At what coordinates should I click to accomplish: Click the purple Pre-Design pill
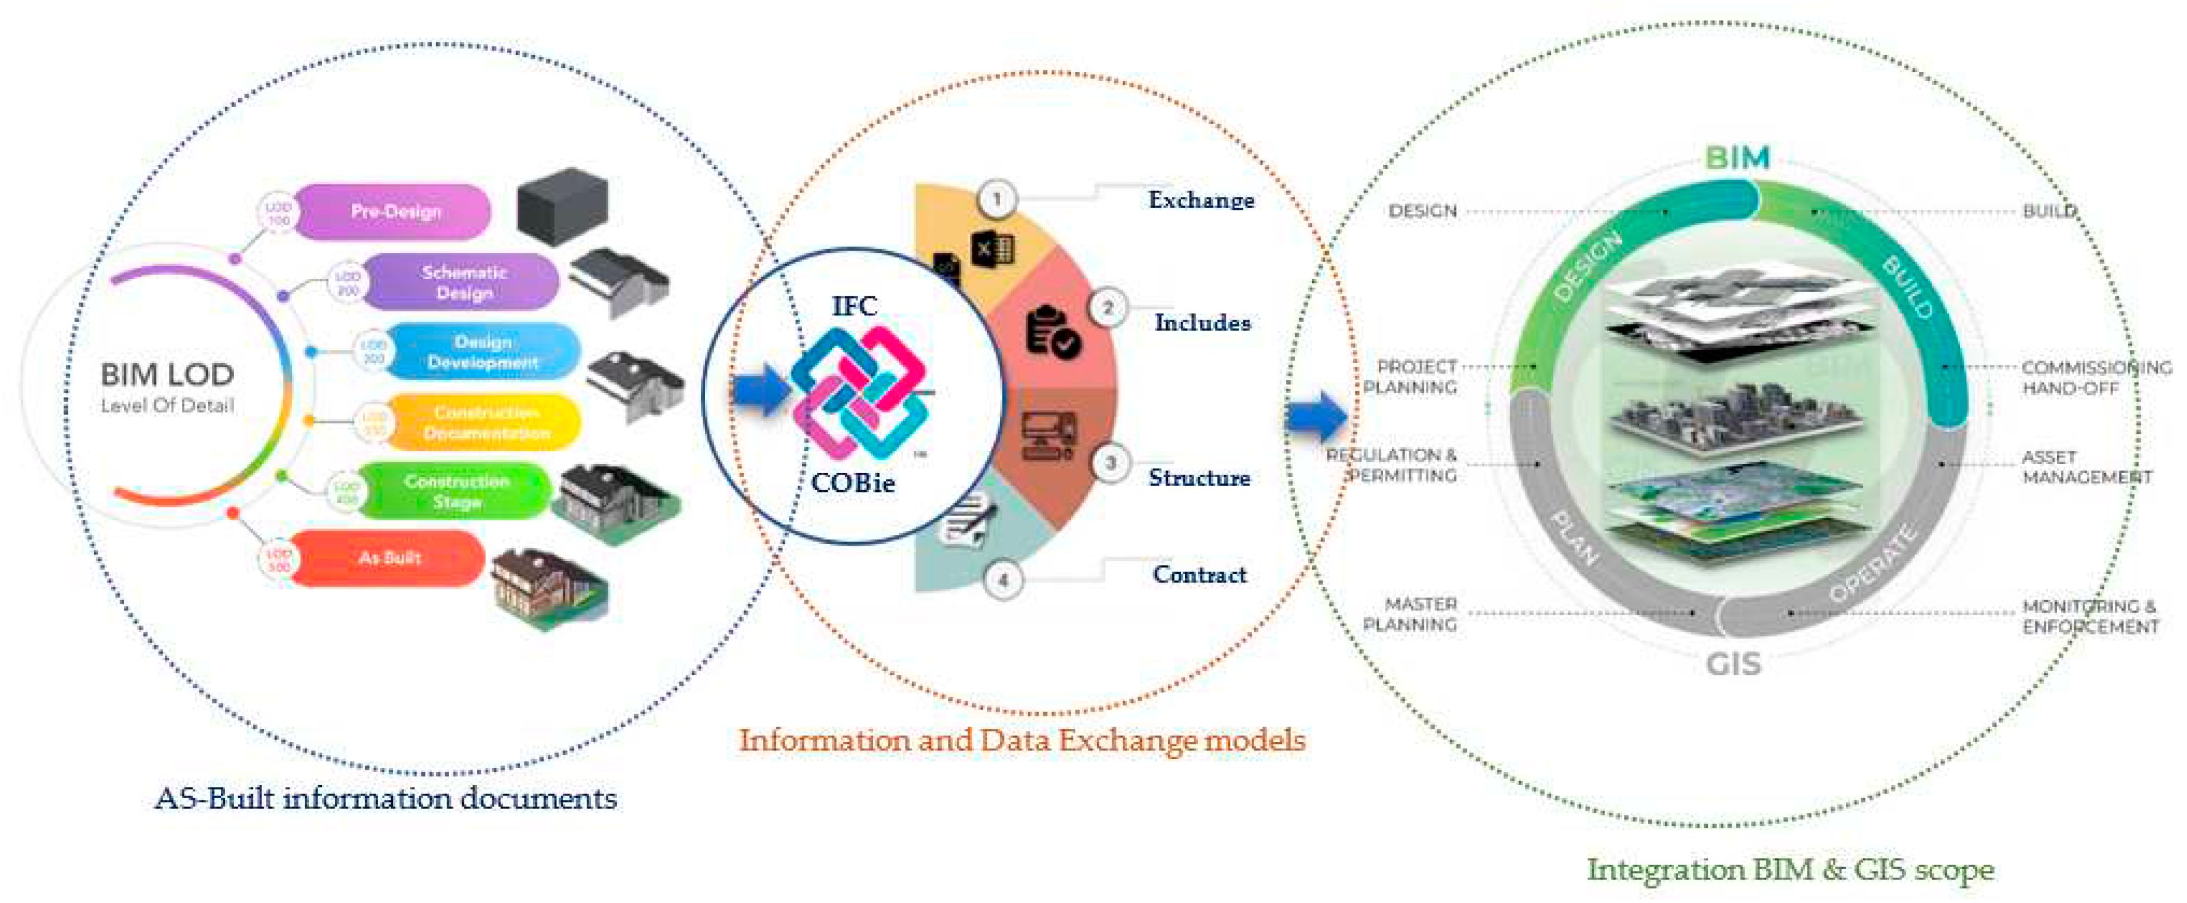[395, 212]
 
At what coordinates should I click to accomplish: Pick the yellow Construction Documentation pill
[486, 422]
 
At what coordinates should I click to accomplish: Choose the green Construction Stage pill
[456, 491]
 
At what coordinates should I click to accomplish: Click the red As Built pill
[389, 558]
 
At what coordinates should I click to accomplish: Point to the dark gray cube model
[562, 206]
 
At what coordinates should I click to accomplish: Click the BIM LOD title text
[167, 375]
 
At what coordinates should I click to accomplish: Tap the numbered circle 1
[997, 199]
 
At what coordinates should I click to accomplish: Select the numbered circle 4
[1003, 580]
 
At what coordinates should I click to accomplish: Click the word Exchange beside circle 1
[1201, 201]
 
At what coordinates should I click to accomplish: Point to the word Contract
[1199, 575]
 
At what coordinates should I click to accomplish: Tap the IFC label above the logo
[854, 306]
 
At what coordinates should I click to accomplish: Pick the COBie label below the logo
[853, 483]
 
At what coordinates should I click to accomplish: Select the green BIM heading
[1737, 158]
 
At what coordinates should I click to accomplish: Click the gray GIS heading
[1734, 664]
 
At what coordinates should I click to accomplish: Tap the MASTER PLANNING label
[1410, 614]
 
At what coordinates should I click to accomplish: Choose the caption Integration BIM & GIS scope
[1790, 869]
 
